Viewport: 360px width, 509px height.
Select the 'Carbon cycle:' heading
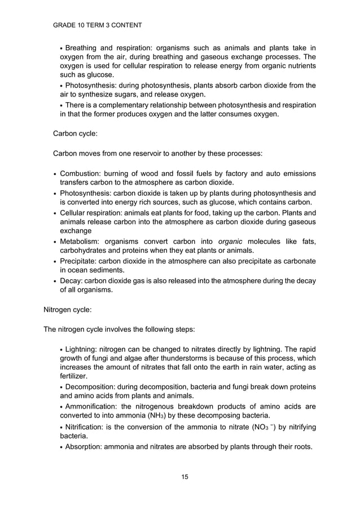tap(76, 134)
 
